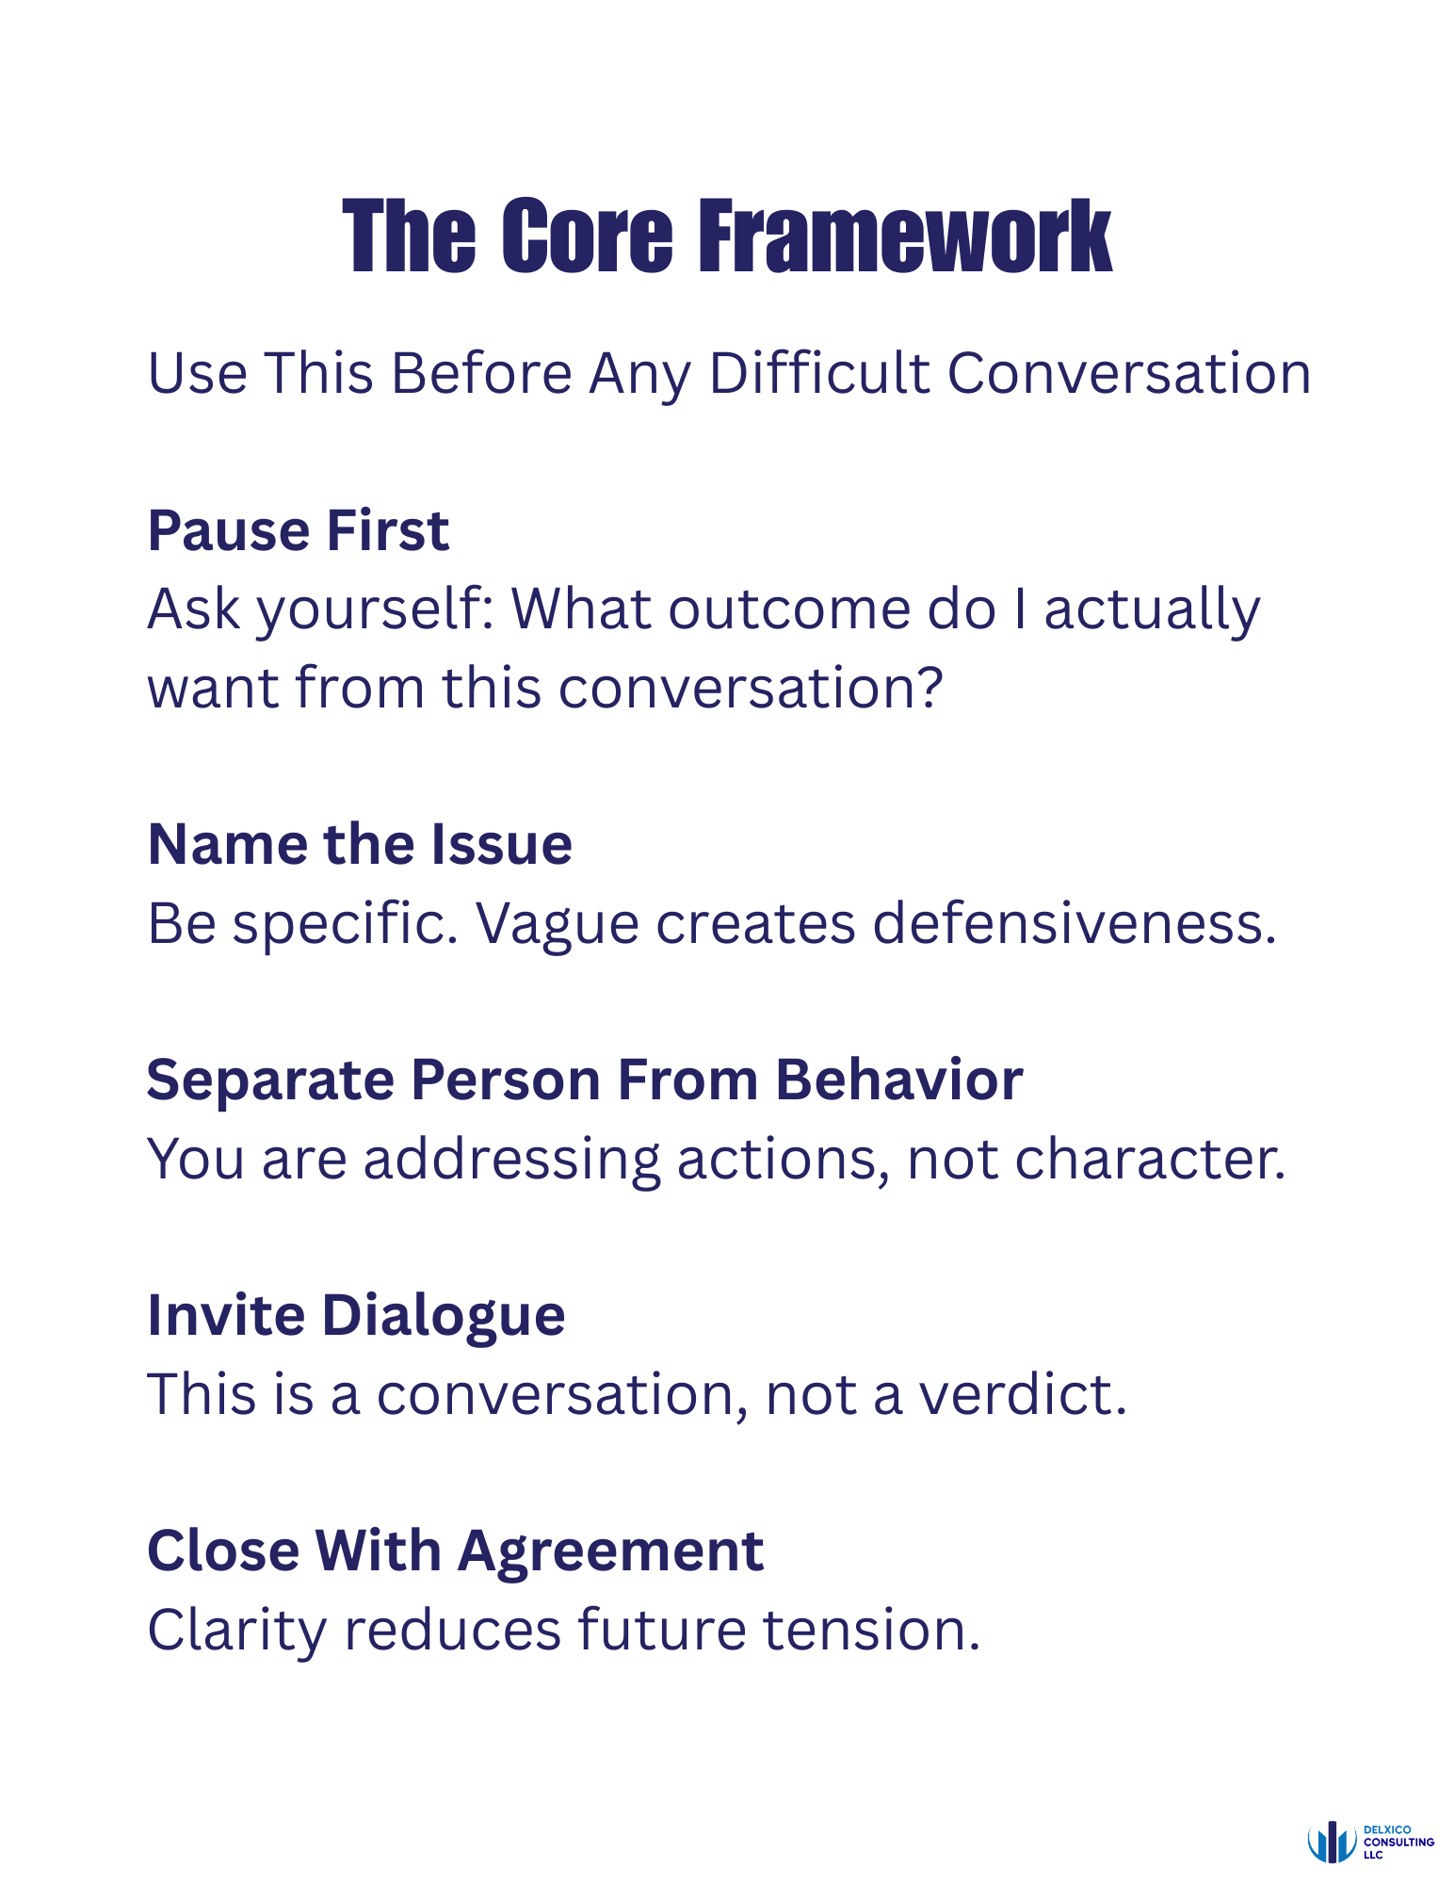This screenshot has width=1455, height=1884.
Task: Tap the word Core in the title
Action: [x=587, y=237]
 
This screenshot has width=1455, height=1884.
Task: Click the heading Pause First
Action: [x=299, y=530]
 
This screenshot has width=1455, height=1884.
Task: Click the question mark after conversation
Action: [x=930, y=688]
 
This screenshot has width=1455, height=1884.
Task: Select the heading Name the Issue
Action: [x=360, y=844]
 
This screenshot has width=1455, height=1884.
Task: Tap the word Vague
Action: [x=557, y=923]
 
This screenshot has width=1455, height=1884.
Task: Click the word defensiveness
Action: [x=1074, y=923]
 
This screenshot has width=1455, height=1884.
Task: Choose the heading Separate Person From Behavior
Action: [x=584, y=1080]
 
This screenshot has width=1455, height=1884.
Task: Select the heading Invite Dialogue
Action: [x=356, y=1315]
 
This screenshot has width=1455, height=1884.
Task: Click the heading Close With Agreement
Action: [x=455, y=1551]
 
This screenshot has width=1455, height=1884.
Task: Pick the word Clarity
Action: [x=236, y=1632]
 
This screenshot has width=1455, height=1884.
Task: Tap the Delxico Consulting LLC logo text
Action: [x=1398, y=1842]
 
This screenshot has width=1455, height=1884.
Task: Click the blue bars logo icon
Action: [x=1332, y=1842]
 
